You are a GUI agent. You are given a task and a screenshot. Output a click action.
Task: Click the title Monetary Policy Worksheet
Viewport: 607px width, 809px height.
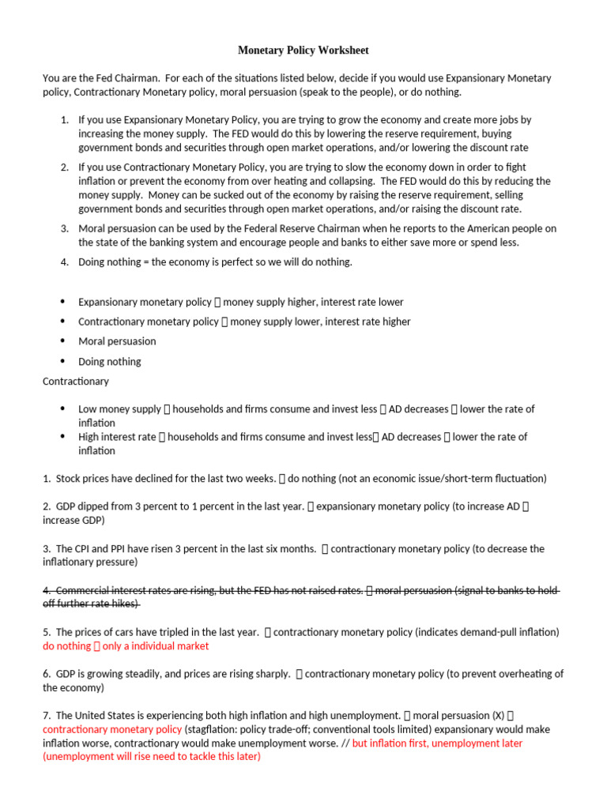[303, 51]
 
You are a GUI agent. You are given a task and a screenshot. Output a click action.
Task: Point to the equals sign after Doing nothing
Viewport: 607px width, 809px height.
[147, 262]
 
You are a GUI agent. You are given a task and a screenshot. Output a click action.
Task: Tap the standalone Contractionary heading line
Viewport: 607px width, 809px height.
[76, 381]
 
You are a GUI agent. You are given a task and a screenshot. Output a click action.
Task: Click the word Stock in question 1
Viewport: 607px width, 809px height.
[69, 479]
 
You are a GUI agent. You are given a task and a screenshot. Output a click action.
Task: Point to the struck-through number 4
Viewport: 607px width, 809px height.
[47, 590]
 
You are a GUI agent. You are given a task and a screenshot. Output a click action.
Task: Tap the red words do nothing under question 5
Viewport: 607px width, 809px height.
[67, 646]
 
